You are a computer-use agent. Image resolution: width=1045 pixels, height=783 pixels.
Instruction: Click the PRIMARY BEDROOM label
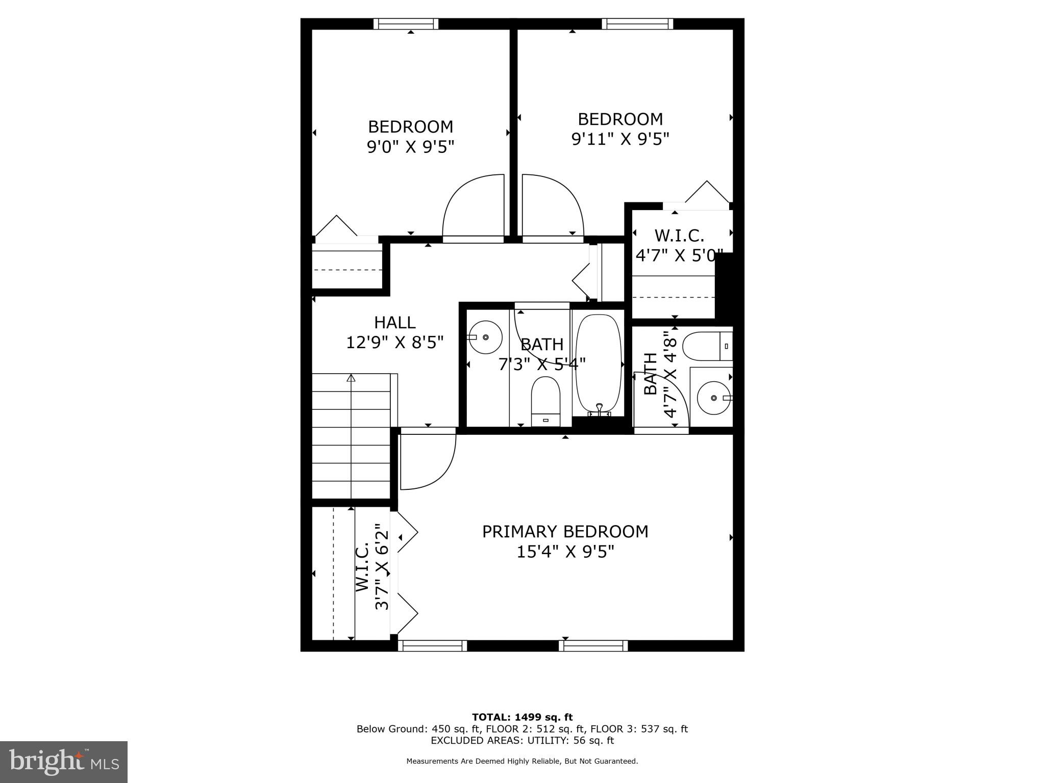coord(565,531)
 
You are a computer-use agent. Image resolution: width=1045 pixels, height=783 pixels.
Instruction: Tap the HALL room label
coord(394,322)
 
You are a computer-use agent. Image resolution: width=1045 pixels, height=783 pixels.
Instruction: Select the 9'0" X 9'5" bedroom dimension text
coord(410,147)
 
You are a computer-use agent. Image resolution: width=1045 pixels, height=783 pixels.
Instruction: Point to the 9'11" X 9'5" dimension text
coord(620,139)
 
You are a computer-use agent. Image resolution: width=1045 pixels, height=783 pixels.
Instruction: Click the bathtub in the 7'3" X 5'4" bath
coord(599,364)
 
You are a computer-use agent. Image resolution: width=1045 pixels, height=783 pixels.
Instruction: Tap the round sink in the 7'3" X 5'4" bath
coord(485,337)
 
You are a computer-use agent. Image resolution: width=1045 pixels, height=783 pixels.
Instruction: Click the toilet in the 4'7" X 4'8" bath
coord(707,346)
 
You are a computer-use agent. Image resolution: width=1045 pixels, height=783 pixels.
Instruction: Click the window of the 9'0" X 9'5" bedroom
coord(406,24)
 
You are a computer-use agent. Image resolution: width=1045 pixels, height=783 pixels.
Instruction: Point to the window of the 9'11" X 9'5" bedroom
coord(637,24)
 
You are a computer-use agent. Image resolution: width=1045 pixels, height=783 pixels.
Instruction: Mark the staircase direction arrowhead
coord(351,378)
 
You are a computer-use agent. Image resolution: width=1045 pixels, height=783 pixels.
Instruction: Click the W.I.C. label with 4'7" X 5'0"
coord(679,236)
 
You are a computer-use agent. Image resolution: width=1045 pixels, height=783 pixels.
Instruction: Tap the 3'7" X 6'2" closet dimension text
coord(382,567)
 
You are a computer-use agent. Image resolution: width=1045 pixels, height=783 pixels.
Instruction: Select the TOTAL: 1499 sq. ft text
coord(522,717)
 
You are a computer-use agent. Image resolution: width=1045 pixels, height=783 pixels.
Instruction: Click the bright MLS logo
coord(64,762)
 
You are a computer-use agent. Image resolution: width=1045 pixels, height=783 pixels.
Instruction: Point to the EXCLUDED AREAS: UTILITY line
coord(522,740)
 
